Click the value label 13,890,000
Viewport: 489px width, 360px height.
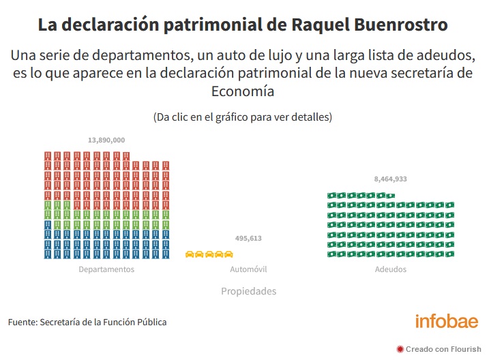pos(106,140)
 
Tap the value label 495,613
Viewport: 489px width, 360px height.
pos(248,239)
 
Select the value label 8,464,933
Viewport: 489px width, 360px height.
pos(391,179)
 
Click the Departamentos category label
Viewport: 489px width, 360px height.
pos(106,269)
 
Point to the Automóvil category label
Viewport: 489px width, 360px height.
pos(248,269)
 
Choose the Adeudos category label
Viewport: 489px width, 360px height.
pos(391,269)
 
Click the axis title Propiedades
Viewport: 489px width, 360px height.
pos(248,291)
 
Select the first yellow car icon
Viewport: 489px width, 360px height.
pos(190,254)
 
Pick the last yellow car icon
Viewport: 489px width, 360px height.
pos(229,254)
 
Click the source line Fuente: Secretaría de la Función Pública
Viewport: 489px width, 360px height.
pos(87,322)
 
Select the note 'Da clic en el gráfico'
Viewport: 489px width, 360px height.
pos(243,117)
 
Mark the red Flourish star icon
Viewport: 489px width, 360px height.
pos(400,348)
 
